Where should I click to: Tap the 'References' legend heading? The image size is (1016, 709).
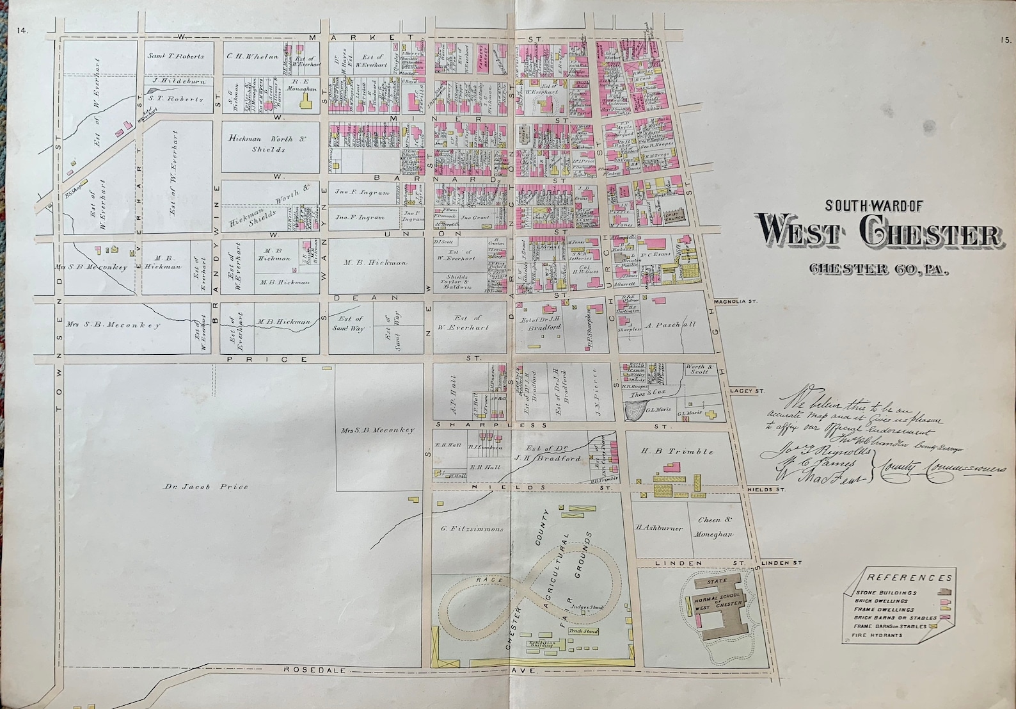909,578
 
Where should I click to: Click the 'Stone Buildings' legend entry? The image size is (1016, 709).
885,593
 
